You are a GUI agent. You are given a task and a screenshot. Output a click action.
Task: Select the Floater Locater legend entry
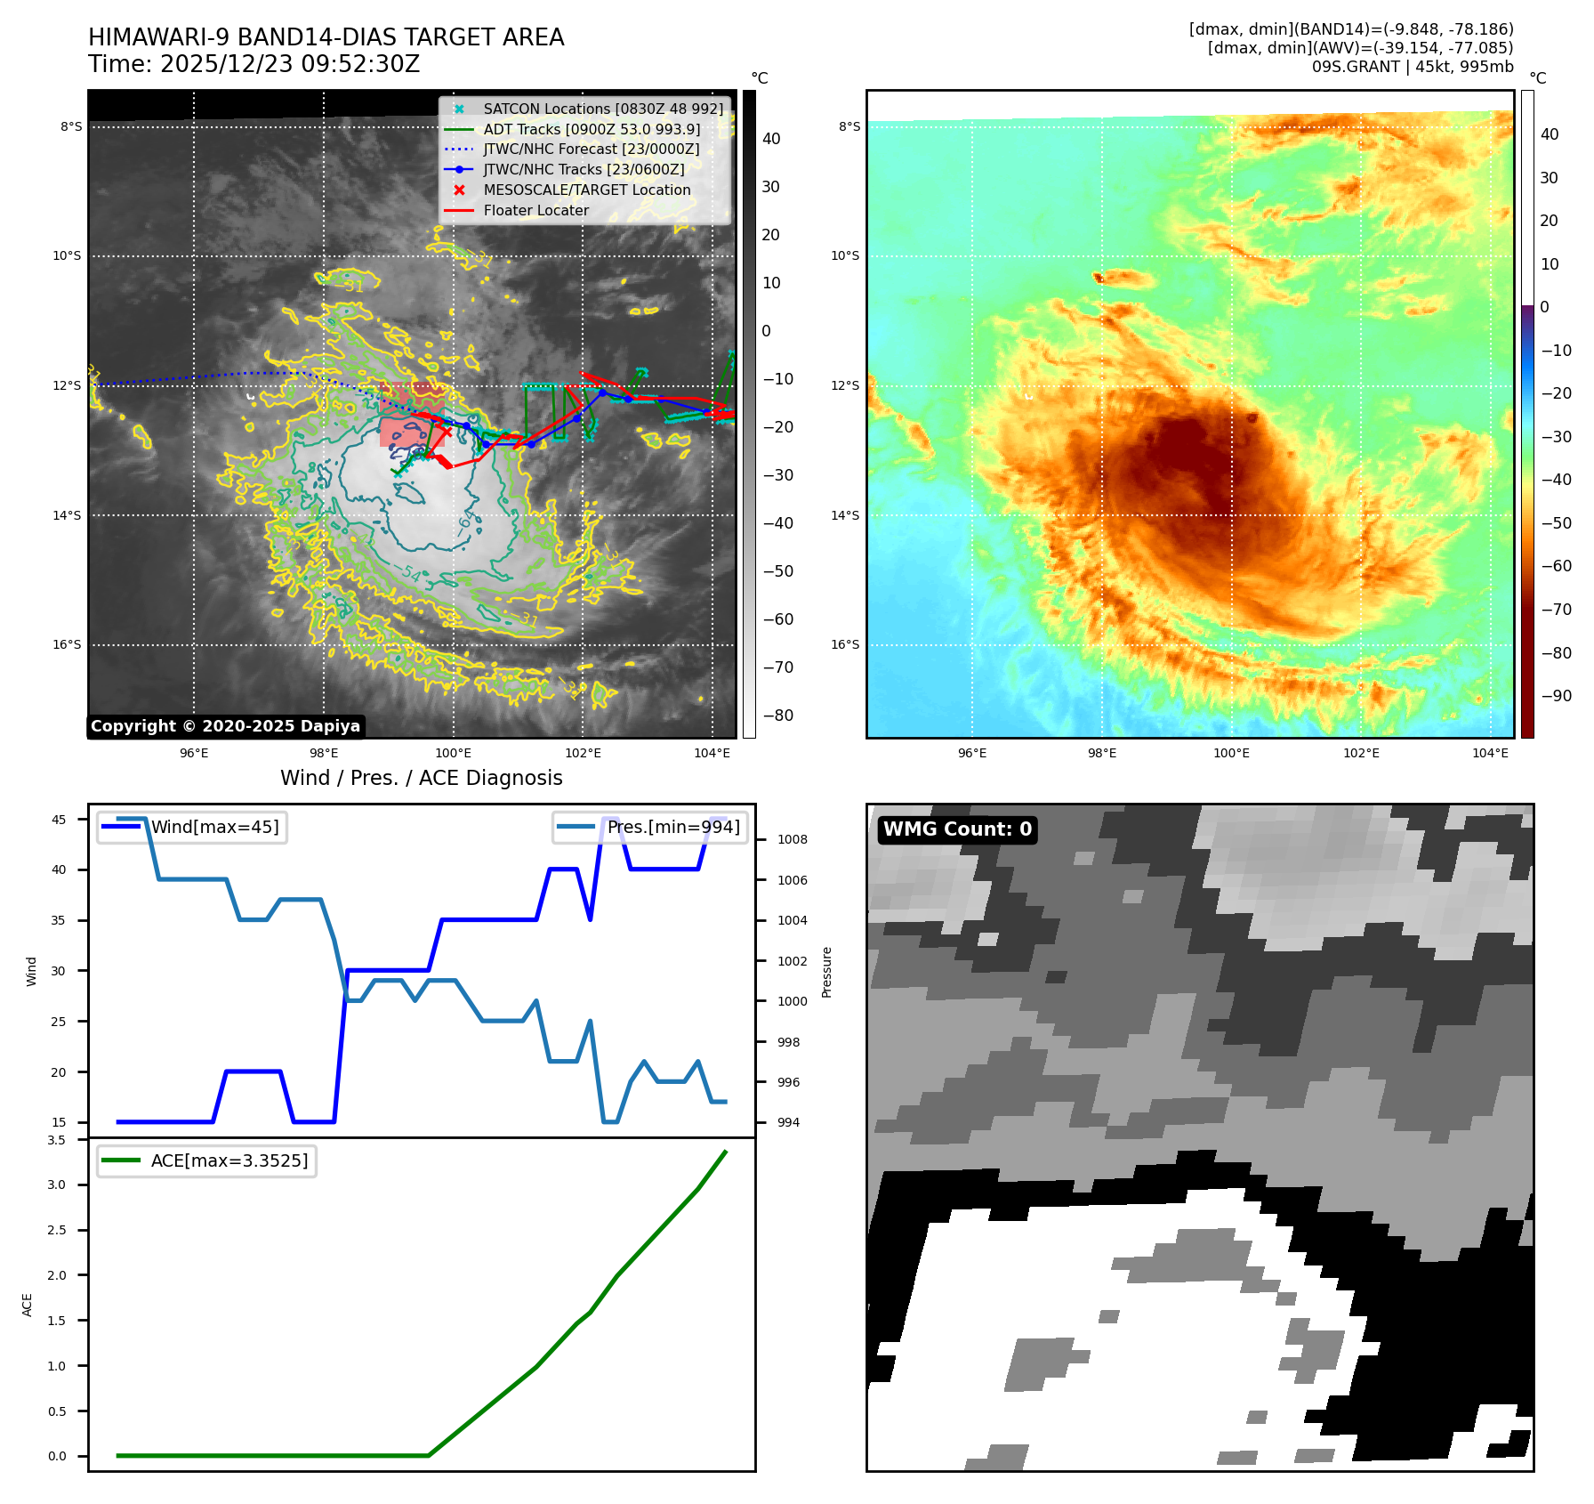(535, 211)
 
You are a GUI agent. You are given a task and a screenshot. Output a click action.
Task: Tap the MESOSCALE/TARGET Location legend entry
(586, 190)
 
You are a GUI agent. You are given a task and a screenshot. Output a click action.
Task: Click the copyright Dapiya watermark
(225, 726)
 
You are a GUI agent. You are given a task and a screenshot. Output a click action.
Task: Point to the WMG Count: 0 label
(957, 829)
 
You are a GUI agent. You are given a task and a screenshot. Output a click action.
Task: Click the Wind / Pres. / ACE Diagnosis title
(421, 779)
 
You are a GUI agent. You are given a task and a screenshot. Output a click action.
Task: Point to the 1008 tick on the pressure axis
(792, 840)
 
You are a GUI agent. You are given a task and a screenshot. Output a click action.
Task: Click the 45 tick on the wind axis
(59, 820)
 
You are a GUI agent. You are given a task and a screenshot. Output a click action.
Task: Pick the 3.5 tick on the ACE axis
(57, 1140)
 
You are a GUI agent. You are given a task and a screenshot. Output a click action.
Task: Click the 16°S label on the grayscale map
(67, 645)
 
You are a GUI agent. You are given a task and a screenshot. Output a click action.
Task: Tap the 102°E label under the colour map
(1361, 754)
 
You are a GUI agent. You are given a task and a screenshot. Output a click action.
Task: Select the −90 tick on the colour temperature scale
(1556, 696)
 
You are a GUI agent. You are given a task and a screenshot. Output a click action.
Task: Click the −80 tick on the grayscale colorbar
(777, 716)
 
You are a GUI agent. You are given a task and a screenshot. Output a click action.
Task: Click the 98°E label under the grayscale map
(324, 754)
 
